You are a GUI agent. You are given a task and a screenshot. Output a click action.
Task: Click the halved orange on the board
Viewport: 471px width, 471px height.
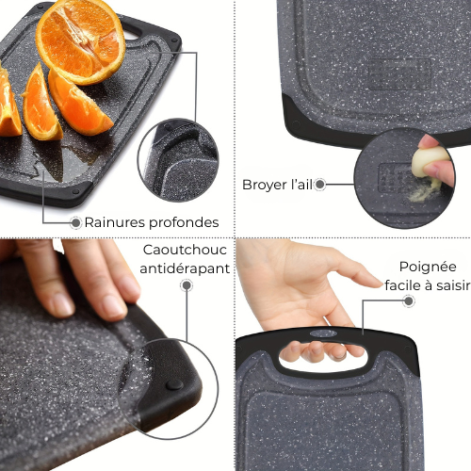pos(79,40)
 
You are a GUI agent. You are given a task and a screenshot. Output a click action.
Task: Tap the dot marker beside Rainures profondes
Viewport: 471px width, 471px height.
pos(75,222)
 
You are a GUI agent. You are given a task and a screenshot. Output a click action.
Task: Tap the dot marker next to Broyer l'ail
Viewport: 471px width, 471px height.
pos(320,185)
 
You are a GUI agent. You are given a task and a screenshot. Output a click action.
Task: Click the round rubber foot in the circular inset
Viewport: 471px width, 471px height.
pos(176,384)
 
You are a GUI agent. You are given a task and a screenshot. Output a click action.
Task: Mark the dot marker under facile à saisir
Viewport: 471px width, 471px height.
pos(409,301)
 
